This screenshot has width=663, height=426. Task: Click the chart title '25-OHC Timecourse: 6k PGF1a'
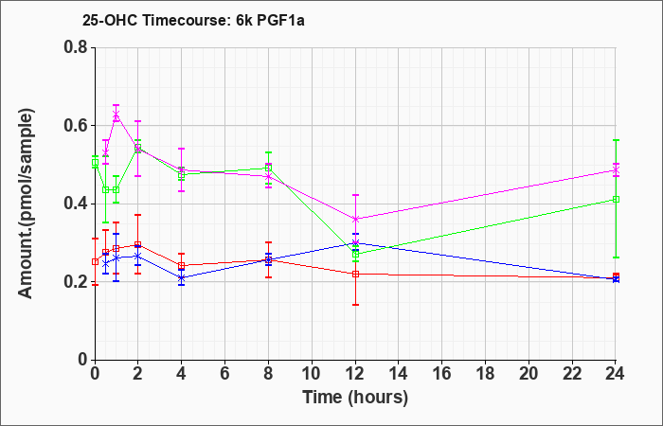coord(193,21)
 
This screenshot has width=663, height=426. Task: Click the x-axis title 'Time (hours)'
coord(355,398)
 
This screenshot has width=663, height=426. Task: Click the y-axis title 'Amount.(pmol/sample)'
coord(27,204)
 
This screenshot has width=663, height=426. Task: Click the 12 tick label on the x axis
coord(355,374)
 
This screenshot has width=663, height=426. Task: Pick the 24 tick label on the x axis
coord(616,374)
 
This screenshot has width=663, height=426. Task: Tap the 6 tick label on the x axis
coord(225,374)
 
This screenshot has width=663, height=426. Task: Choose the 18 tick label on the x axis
coord(485,374)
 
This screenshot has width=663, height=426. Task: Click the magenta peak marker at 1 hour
coord(116,115)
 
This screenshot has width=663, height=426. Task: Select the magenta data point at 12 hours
coord(355,219)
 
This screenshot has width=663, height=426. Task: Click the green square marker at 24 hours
coord(616,200)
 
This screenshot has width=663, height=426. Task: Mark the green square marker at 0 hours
coord(95,162)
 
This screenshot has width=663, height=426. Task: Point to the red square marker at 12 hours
coord(355,274)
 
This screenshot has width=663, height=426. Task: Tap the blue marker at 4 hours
coord(182,278)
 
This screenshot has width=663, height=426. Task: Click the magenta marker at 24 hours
coord(616,169)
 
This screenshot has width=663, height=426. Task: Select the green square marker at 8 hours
coord(268,169)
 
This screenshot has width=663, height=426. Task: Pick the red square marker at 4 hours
coord(182,265)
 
